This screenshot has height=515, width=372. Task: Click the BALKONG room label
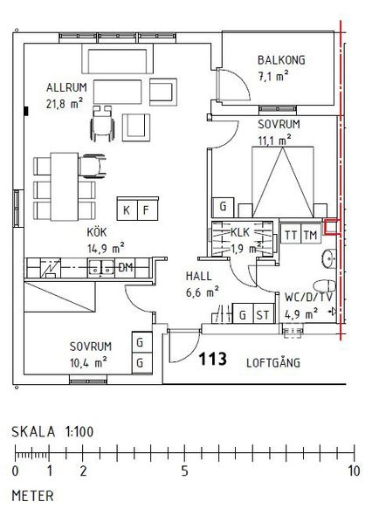281,60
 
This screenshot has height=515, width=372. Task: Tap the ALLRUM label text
66,87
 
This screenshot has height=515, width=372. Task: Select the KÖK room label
97,232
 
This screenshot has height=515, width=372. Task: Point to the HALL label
199,276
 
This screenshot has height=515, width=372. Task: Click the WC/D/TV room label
308,298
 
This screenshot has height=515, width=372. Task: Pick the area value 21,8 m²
65,104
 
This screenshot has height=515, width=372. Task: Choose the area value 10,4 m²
88,363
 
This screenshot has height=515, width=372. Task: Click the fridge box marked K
127,209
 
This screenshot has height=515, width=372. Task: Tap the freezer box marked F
148,209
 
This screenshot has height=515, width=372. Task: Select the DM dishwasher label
126,268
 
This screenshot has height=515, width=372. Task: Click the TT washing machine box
291,235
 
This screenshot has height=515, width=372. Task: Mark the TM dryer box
311,235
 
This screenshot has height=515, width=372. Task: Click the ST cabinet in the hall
263,314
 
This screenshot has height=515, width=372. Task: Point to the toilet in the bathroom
325,285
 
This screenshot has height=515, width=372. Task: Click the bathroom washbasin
329,258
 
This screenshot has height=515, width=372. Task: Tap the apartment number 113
212,359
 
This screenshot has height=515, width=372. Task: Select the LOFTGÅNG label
273,362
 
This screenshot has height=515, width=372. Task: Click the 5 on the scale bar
185,471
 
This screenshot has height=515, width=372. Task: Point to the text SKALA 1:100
52,431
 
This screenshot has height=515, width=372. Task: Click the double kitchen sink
101,268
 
